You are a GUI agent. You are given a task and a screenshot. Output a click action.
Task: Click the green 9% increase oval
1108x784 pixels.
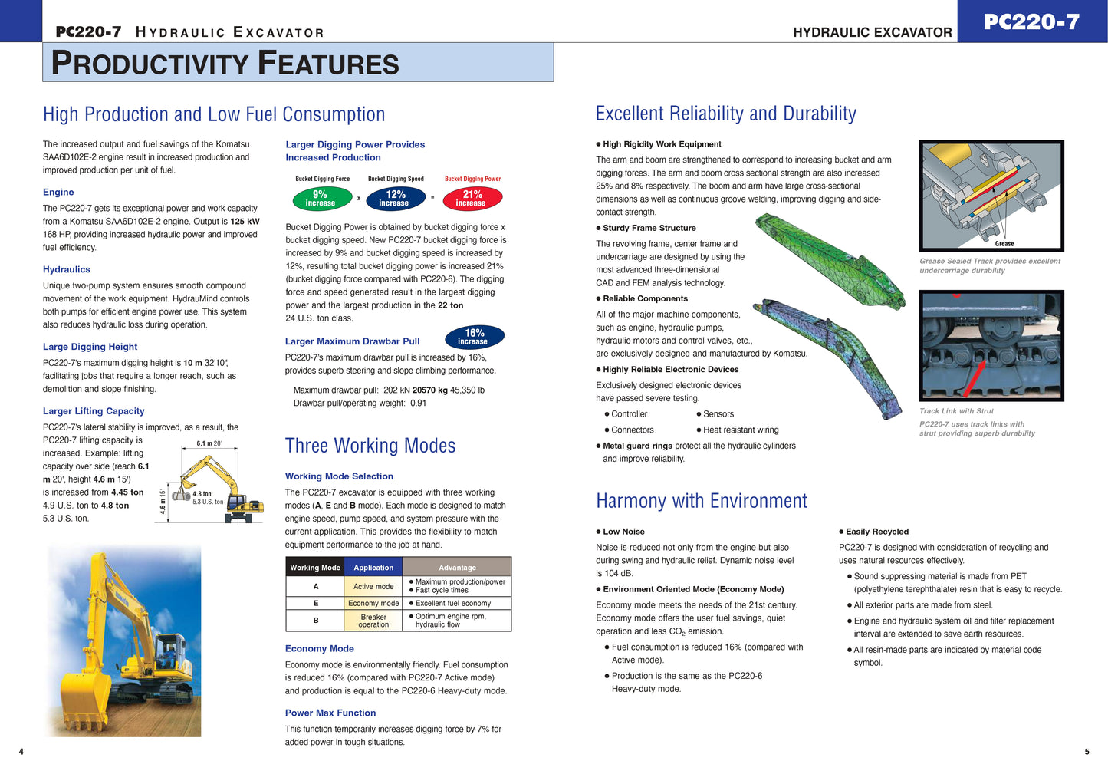[x=320, y=199]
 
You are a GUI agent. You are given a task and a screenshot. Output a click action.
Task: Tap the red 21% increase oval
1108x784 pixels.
[x=472, y=199]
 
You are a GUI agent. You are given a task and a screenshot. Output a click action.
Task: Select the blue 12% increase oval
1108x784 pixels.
[x=395, y=199]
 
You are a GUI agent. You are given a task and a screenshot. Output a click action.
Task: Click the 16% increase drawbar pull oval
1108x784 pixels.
[x=474, y=337]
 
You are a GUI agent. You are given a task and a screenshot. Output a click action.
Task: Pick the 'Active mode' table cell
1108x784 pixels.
[x=373, y=587]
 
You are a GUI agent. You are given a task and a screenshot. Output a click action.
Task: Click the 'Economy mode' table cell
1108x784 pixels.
[x=373, y=604]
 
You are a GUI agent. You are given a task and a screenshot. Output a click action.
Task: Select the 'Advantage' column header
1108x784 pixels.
[x=457, y=568]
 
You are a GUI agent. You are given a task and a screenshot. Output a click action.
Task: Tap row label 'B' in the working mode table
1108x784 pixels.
[x=316, y=620]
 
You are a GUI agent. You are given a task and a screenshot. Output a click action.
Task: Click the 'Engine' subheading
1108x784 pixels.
[x=58, y=193]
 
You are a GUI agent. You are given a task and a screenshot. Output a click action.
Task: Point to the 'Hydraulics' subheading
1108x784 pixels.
[x=67, y=270]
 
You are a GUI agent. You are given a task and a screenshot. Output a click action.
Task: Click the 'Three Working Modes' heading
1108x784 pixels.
[x=370, y=446]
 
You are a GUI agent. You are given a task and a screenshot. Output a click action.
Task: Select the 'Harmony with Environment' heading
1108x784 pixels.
[x=702, y=501]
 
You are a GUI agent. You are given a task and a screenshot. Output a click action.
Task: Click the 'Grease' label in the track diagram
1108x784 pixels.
[x=1004, y=244]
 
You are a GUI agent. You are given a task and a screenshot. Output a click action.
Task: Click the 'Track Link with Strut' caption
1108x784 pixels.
[x=956, y=411]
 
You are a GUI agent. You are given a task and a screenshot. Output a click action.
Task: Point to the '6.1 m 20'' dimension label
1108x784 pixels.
[x=209, y=443]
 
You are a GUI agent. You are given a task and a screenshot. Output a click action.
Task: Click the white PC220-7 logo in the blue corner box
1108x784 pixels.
[x=1031, y=22]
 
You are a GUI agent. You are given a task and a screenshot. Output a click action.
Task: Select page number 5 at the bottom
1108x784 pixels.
[x=1087, y=752]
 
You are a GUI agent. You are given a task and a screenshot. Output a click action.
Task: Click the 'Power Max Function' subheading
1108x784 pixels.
[x=330, y=713]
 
